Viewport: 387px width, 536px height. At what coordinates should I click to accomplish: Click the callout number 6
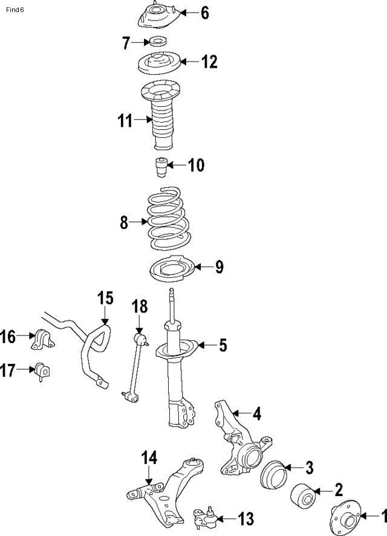point(204,13)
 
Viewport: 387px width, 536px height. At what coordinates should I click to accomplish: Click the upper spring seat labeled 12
point(160,62)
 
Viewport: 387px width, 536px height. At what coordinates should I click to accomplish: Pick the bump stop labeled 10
point(160,167)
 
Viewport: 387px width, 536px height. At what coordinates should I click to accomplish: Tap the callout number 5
point(223,345)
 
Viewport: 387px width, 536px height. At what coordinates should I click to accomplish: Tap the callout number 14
point(149,459)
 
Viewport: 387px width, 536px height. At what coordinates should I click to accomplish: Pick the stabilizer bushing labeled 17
point(42,370)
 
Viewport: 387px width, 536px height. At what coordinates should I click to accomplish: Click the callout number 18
point(139,306)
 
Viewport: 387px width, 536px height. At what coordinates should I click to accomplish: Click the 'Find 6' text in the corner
point(16,9)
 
